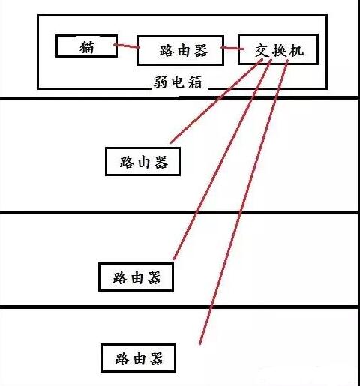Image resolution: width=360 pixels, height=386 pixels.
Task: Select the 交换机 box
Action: click(277, 50)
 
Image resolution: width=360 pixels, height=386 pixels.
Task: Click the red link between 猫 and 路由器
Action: click(125, 48)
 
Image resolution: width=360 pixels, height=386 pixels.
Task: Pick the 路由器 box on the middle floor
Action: click(136, 276)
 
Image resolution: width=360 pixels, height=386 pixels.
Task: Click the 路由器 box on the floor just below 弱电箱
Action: click(142, 160)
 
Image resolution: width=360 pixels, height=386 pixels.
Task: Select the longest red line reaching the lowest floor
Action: click(240, 210)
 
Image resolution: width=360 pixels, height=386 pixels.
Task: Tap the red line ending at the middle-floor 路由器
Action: click(217, 165)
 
